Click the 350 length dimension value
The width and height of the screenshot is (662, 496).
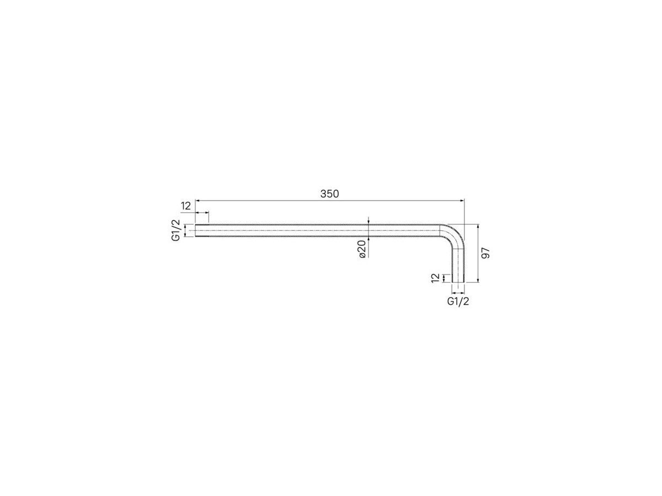[329, 194]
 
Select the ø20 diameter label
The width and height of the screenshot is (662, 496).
[362, 249]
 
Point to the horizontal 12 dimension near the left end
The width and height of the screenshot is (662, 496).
[186, 206]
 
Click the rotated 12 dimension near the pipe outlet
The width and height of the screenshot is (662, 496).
[435, 278]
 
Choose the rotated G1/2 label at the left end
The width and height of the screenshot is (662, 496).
[175, 230]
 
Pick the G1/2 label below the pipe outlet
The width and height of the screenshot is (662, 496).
[458, 301]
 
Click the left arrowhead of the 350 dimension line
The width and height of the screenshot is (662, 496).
[197, 200]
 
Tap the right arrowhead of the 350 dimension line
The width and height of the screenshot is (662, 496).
[462, 200]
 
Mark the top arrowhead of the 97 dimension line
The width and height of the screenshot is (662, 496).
[478, 227]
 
